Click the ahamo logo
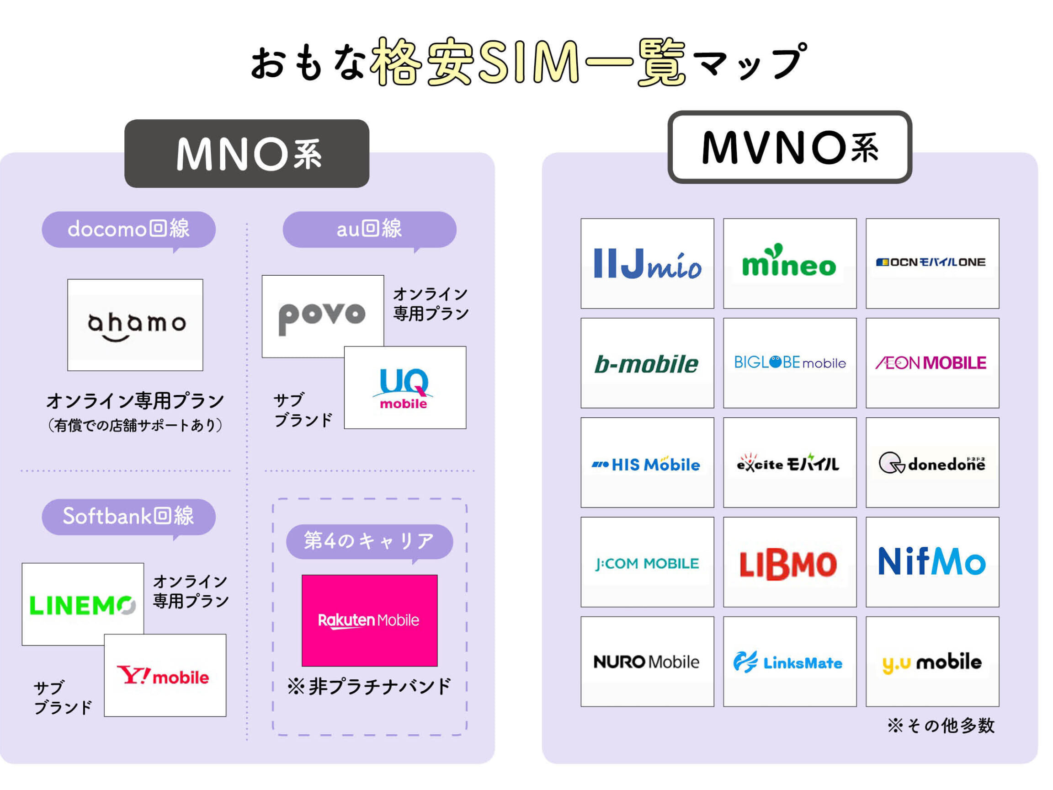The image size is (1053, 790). (x=135, y=325)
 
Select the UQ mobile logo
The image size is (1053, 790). (x=404, y=388)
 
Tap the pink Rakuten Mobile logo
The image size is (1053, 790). (x=369, y=620)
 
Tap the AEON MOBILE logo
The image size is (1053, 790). (x=932, y=363)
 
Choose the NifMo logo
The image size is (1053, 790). (x=932, y=562)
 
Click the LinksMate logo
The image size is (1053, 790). (x=789, y=662)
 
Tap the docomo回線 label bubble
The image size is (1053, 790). (x=128, y=229)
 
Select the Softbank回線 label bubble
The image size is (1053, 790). (x=128, y=516)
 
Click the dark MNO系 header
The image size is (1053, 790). (x=247, y=153)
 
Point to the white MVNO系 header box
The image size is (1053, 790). (x=789, y=147)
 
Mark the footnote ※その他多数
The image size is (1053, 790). (x=941, y=725)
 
